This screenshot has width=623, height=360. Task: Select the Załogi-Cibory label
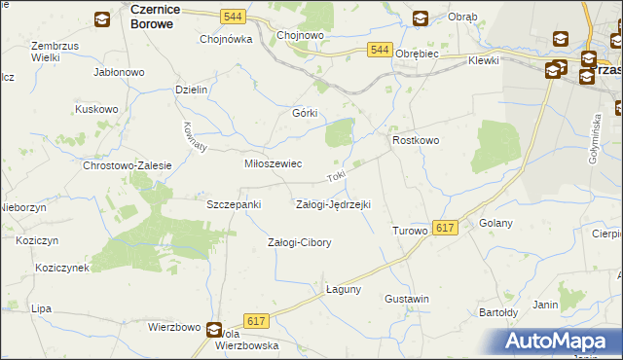[299, 242]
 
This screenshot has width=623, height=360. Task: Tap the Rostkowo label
[416, 140]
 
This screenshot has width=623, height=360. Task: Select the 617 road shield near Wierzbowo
[257, 321]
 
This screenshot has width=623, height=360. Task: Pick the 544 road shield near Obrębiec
[381, 50]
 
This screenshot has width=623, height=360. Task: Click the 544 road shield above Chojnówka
[232, 18]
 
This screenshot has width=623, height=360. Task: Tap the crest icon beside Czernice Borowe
[102, 18]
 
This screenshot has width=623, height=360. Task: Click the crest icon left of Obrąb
[420, 18]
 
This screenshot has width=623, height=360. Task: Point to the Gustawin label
[407, 299]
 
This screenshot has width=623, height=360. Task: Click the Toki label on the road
[336, 176]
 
